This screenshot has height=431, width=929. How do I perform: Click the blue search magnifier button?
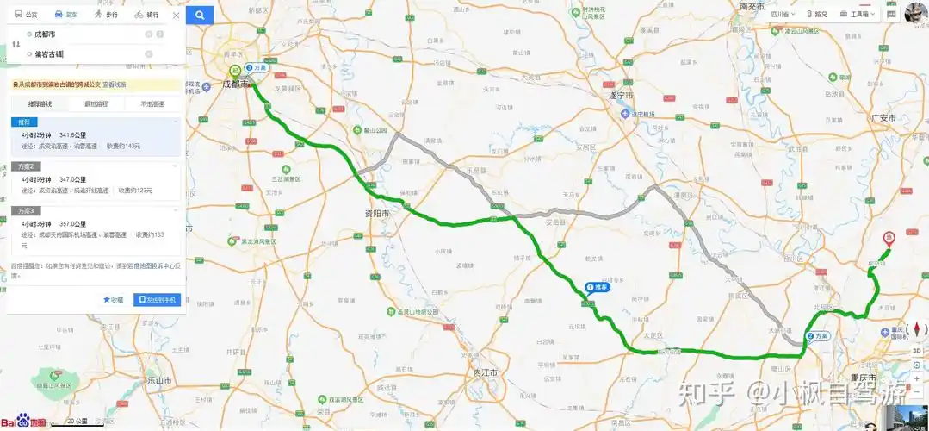tap(200, 15)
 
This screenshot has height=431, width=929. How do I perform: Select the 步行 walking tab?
tap(108, 15)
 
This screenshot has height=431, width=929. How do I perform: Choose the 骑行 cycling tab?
tap(146, 15)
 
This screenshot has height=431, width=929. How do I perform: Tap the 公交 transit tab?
tap(27, 15)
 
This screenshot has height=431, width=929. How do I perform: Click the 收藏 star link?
tap(114, 300)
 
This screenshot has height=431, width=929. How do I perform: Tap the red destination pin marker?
tap(890, 238)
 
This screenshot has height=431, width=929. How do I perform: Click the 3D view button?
tap(916, 351)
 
